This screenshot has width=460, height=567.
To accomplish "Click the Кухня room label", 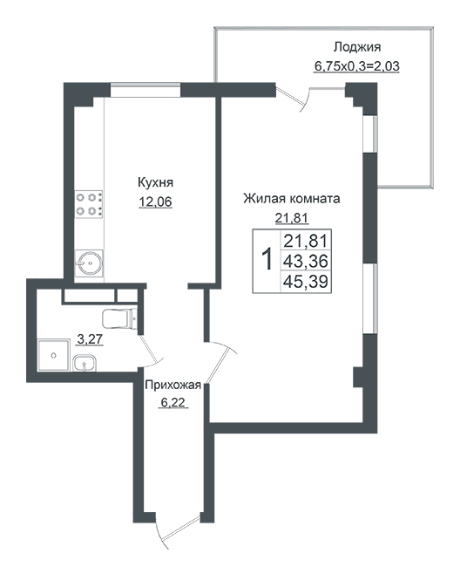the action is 155,182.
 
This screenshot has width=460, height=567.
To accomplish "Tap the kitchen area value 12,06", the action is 155,202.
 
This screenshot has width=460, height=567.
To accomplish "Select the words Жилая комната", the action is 291,199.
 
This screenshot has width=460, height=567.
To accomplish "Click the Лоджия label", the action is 356,47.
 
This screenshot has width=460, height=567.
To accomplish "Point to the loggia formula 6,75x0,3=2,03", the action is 356,66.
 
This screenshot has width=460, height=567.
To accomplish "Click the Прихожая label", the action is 172,386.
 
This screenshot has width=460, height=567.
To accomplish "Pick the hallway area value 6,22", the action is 172,402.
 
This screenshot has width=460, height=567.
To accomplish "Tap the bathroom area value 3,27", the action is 90,339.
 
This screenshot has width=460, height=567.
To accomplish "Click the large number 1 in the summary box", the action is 267,259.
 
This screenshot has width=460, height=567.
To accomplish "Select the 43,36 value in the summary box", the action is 306,261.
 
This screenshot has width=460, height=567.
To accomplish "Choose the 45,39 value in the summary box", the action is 306,281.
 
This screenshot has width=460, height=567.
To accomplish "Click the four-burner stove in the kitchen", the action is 89,204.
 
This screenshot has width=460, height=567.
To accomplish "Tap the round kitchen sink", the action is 89,263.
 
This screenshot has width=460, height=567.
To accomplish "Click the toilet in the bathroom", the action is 119,318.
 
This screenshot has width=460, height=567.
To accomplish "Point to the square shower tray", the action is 53,355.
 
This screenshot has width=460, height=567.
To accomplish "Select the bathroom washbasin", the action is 85,363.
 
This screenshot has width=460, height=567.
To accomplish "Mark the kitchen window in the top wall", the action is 145,90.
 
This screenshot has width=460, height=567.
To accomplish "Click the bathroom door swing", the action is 152,350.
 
